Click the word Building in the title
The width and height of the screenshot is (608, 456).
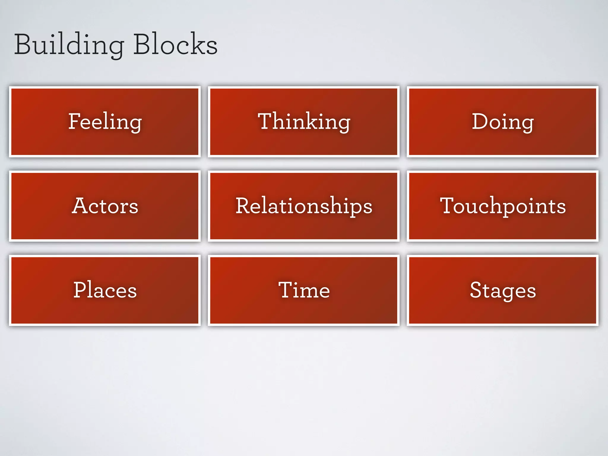[x=69, y=45]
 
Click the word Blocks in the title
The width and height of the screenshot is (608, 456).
[x=175, y=45]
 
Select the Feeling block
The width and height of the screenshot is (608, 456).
[x=105, y=122]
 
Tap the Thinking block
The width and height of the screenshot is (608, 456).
[x=304, y=122]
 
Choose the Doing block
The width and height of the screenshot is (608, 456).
[x=502, y=122]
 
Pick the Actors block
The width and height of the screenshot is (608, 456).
[x=105, y=206]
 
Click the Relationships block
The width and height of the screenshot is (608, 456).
[x=304, y=206]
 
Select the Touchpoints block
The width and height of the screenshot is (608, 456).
[x=502, y=206]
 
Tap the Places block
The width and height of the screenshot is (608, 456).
[x=105, y=290]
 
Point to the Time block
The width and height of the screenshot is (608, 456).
[x=304, y=290]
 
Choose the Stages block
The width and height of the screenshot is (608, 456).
[x=502, y=290]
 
